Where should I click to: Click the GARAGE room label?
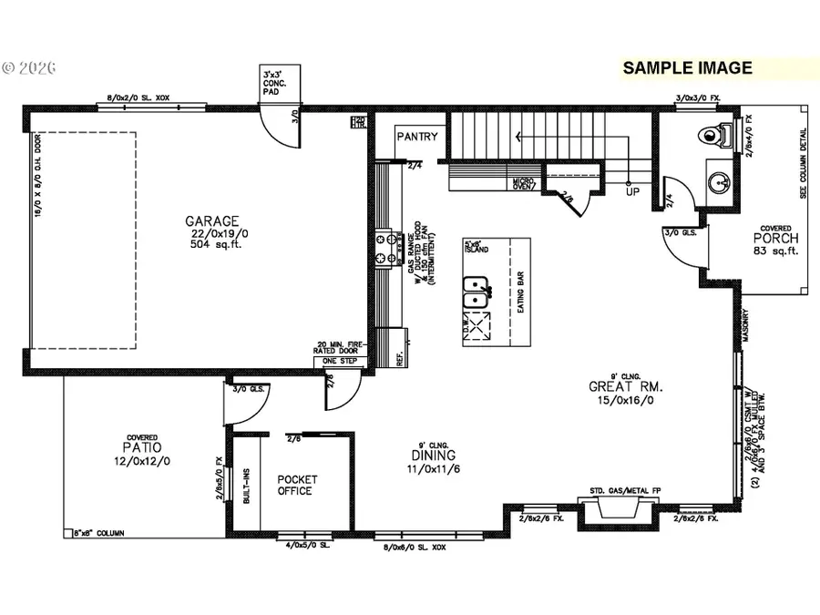coord(212,220)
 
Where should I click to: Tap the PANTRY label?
coord(416,138)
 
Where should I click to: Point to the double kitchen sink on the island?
coord(476,293)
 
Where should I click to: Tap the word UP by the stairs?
coord(632,193)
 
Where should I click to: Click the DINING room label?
coord(433,455)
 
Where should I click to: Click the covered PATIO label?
coord(143,447)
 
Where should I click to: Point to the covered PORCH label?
coord(775,239)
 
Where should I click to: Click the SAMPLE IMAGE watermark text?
coord(687,67)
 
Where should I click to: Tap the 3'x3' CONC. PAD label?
coord(274,83)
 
